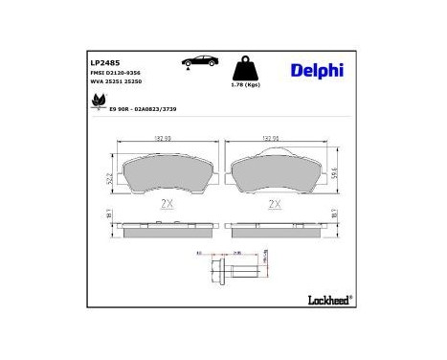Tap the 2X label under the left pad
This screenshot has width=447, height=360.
point(165,204)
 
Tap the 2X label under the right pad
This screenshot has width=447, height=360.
point(275,204)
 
